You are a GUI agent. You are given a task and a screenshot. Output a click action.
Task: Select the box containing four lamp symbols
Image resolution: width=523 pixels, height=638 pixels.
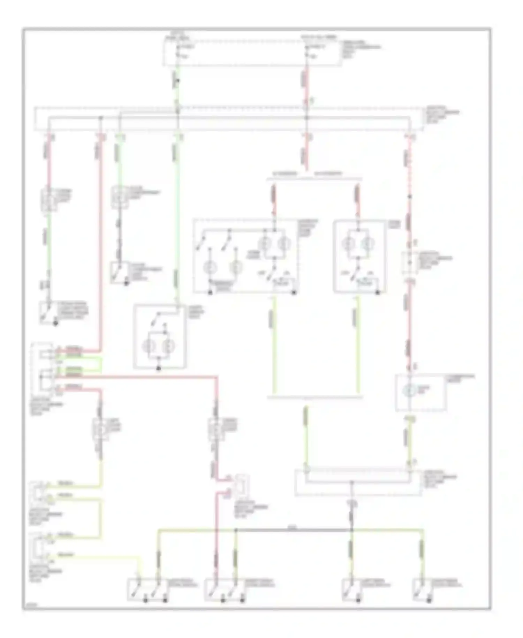coord(245,255)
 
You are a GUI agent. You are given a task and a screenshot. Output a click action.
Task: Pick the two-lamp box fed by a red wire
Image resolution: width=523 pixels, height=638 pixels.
coord(359,255)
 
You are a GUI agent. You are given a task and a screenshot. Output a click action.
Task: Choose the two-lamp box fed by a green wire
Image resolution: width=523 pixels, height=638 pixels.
coord(159,336)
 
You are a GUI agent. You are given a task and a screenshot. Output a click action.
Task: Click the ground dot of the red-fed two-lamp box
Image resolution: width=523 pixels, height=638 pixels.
coord(378,292)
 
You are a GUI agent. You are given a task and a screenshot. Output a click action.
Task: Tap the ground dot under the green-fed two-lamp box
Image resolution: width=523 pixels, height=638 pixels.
coord(159,368)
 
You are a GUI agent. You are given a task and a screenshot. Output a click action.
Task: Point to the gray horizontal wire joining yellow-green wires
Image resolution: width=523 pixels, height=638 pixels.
coord(293,530)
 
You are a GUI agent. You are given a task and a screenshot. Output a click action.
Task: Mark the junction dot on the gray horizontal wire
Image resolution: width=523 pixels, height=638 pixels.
coord(236,530)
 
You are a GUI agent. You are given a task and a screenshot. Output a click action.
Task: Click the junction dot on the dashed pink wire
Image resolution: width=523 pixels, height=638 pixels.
coord(410,197)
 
